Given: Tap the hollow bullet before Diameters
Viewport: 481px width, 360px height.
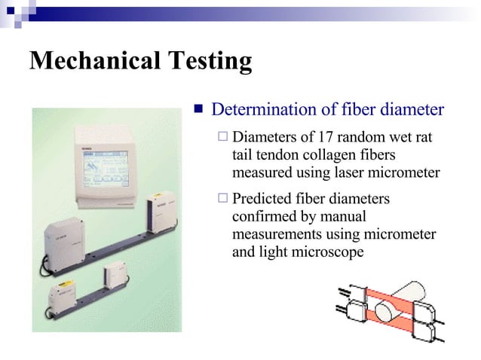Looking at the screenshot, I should [x=221, y=138].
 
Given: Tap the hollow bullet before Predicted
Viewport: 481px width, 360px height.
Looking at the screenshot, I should [x=221, y=200].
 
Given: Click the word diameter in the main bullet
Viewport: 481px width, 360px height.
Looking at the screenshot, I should [x=412, y=111].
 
